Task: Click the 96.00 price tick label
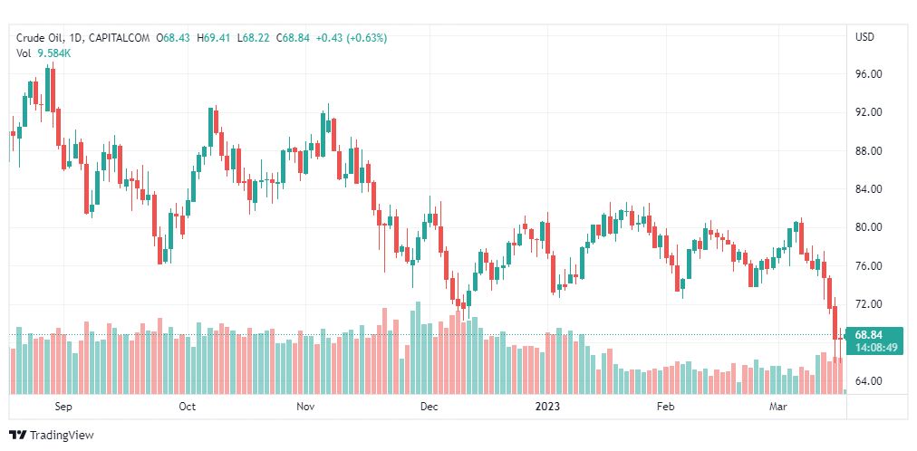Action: coord(869,74)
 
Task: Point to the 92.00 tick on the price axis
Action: coord(869,112)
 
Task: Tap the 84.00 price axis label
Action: coord(869,189)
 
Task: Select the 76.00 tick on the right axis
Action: coord(869,266)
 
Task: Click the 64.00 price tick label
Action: coord(869,381)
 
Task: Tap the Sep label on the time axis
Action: coord(63,407)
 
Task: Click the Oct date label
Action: coord(187,407)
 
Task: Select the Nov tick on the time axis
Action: coord(305,407)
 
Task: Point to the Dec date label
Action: coord(429,407)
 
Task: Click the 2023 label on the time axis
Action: coord(547,407)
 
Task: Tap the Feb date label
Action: coord(666,407)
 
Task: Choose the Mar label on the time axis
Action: coord(778,407)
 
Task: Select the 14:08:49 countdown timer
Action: coord(874,347)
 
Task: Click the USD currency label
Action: coord(864,37)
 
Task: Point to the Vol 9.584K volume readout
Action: coord(43,53)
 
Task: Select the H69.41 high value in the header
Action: coord(213,38)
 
